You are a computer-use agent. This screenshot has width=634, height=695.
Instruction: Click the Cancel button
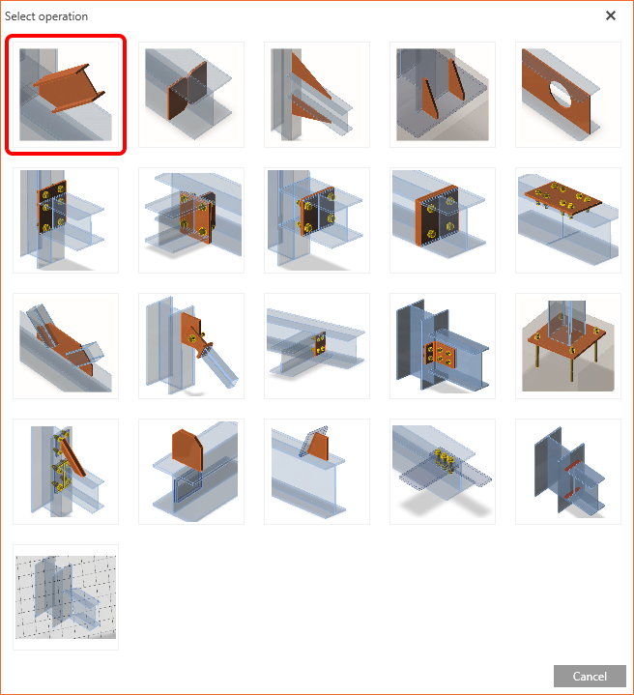point(590,676)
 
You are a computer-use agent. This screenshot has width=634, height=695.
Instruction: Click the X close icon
point(611,15)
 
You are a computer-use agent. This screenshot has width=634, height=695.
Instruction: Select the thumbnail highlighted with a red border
point(66,95)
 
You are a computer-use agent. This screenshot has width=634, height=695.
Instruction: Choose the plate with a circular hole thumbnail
point(568,95)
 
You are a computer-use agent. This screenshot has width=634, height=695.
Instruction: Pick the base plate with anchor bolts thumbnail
point(568,346)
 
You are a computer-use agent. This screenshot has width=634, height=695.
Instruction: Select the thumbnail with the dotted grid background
point(66,597)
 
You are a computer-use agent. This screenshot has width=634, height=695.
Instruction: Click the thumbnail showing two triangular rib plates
point(443,95)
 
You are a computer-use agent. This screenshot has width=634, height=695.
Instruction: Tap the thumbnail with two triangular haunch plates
point(317,95)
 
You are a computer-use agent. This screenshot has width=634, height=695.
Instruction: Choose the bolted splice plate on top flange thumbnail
point(568,220)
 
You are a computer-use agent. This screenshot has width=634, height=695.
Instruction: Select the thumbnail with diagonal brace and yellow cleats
point(66,472)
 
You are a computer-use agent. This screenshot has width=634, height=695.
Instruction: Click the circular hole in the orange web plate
point(561,94)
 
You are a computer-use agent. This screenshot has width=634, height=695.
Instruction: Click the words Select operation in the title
point(46,16)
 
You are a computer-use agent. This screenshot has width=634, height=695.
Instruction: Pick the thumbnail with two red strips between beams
point(568,472)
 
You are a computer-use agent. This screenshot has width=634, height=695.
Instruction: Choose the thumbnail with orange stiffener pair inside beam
point(191,95)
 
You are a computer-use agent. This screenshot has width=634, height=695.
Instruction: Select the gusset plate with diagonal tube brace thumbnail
point(191,346)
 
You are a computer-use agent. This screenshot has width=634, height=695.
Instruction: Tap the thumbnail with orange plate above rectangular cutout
point(191,472)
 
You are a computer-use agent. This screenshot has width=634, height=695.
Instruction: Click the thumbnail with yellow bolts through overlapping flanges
point(443,472)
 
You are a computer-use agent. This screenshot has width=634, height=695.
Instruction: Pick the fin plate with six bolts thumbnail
point(443,346)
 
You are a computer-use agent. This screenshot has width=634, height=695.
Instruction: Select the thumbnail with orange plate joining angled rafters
point(66,346)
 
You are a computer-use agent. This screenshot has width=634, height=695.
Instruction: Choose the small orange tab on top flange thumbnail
point(317,472)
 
